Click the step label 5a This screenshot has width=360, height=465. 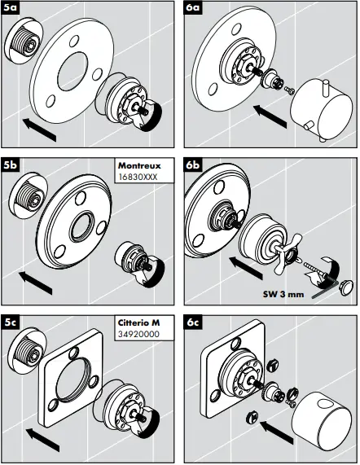pos(12,11)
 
